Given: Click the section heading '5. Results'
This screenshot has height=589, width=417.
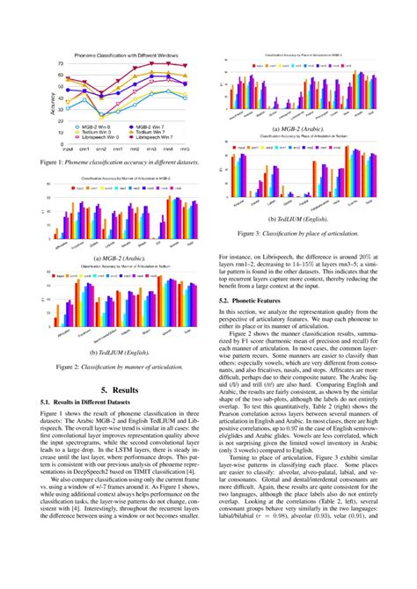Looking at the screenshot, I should [x=117, y=388].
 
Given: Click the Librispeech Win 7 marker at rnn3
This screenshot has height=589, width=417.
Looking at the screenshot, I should [x=151, y=62].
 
